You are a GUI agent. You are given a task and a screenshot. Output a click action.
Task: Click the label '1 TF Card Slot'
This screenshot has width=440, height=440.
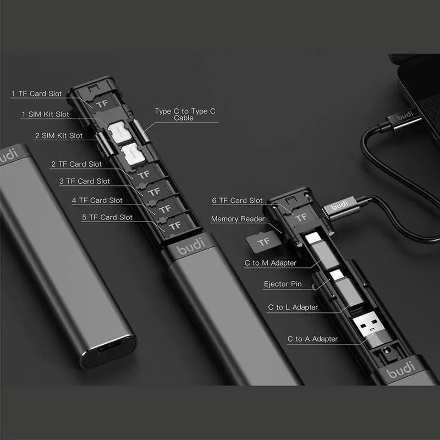pos(37,94)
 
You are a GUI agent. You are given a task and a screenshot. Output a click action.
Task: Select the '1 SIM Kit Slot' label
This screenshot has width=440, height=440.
pos(46,114)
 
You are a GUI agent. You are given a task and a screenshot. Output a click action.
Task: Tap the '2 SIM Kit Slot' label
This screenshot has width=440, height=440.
pos(59,135)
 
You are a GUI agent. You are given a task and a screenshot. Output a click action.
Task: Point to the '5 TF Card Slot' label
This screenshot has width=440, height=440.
pos(107,217)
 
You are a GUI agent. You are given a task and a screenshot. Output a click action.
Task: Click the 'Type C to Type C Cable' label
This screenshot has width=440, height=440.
pos(181,114)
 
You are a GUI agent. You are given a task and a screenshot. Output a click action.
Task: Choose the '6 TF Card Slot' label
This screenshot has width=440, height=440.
pos(237,201)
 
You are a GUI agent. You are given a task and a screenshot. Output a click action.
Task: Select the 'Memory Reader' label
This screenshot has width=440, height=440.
pos(238,219)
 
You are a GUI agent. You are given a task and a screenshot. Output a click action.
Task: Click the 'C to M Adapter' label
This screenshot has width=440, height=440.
pos(270,263)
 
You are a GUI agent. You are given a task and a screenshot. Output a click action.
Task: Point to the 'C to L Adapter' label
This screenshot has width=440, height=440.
pos(293,307)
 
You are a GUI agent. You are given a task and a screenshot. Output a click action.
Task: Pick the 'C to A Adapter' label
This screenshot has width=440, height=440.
pos(312,339)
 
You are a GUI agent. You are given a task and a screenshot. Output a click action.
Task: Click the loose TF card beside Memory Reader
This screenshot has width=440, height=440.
pos(263,240)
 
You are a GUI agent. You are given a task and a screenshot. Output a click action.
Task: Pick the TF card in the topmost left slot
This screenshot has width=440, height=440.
pos(101,103)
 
